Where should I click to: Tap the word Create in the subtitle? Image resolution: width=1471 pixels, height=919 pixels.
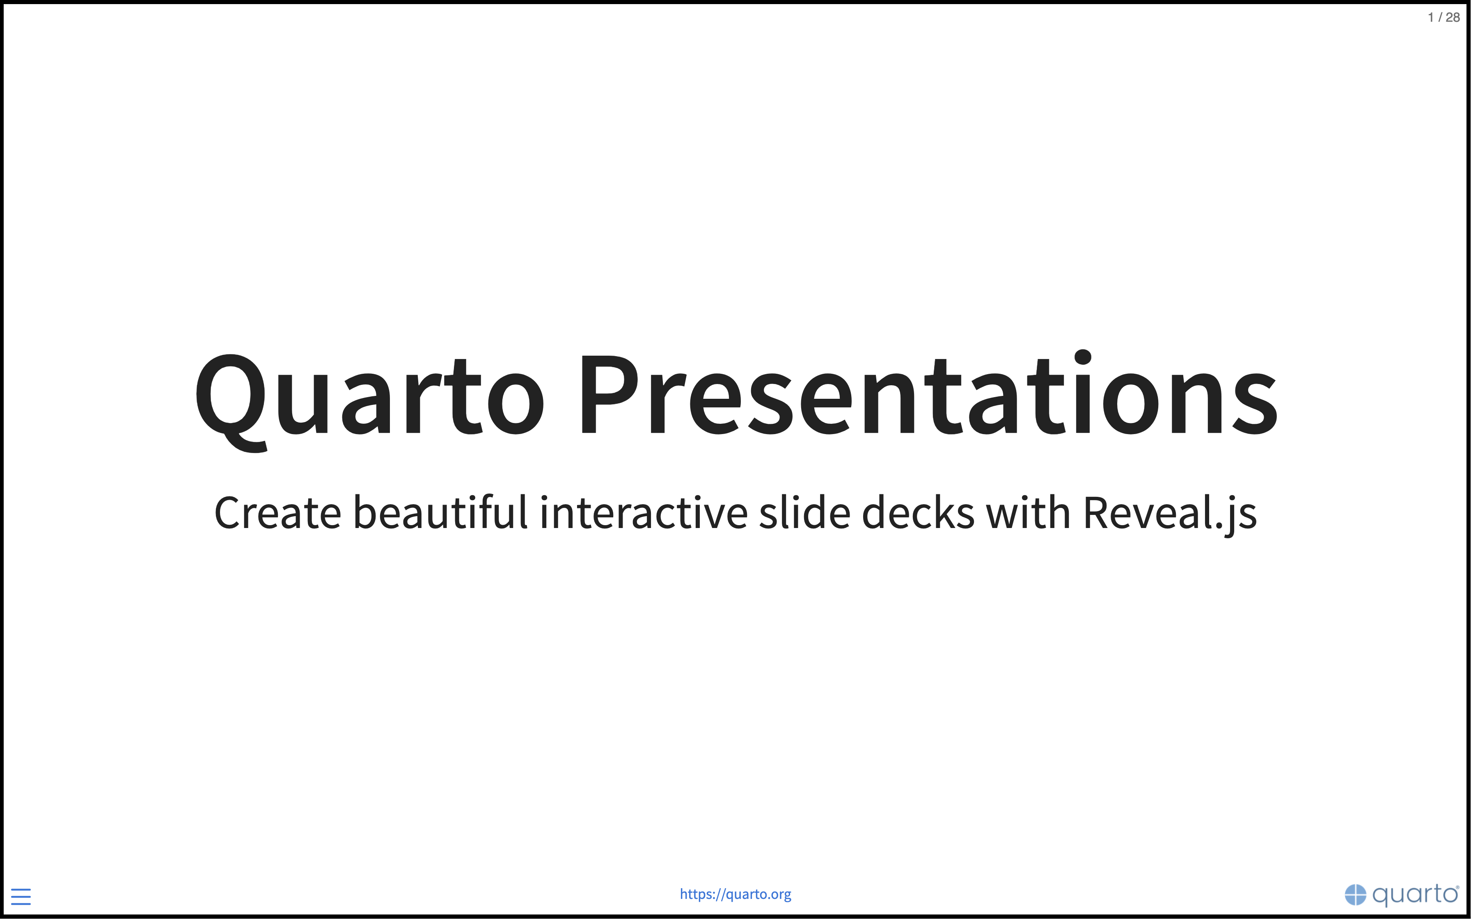(x=278, y=512)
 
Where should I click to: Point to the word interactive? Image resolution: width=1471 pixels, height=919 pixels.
(x=644, y=512)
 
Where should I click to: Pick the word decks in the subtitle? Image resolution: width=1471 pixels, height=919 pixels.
(x=919, y=511)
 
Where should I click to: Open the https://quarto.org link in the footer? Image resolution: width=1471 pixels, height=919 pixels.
(x=735, y=894)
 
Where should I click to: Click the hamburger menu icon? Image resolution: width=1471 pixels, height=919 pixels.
(x=21, y=896)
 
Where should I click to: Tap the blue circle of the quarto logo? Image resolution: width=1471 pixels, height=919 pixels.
(x=1355, y=895)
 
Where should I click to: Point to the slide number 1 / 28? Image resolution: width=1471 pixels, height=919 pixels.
(x=1444, y=18)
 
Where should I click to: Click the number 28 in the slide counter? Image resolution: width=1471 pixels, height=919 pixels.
(x=1453, y=18)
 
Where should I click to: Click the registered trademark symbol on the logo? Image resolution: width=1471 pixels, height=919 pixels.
(x=1457, y=887)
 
